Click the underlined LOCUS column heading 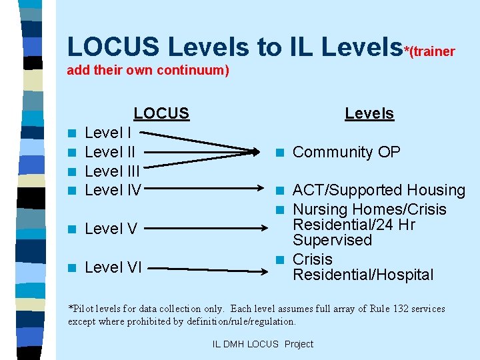pyautogui.click(x=161, y=113)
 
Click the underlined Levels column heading pyautogui.click(x=369, y=113)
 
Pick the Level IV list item pyautogui.click(x=113, y=191)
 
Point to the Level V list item pyautogui.click(x=111, y=229)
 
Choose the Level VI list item pyautogui.click(x=113, y=268)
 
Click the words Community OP pyautogui.click(x=347, y=152)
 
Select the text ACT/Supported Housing pyautogui.click(x=379, y=191)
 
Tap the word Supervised pyautogui.click(x=324, y=240)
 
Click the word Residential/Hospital pyautogui.click(x=363, y=275)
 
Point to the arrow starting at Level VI pyautogui.click(x=206, y=269)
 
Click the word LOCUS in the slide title pyautogui.click(x=113, y=47)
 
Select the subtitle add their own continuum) pyautogui.click(x=148, y=70)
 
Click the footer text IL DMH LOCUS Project pyautogui.click(x=262, y=344)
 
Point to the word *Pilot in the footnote pyautogui.click(x=81, y=309)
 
